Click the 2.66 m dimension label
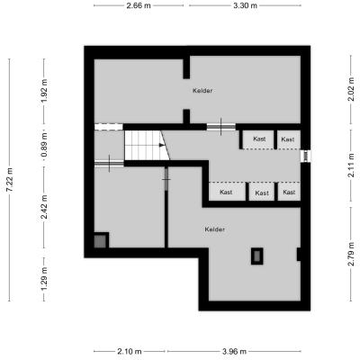pyautogui.click(x=139, y=5)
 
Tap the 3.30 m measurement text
pyautogui.click(x=245, y=5)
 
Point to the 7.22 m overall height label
pyautogui.click(x=10, y=180)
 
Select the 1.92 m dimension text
pyautogui.click(x=44, y=91)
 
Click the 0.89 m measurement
pyautogui.click(x=44, y=146)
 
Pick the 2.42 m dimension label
pyautogui.click(x=44, y=207)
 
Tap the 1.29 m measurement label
pyautogui.click(x=44, y=279)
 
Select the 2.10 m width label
pyautogui.click(x=130, y=351)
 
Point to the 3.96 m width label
pyautogui.click(x=234, y=351)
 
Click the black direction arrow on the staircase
pyautogui.click(x=162, y=145)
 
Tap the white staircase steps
pyautogui.click(x=147, y=146)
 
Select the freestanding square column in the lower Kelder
pyautogui.click(x=257, y=256)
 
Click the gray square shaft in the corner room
pyautogui.click(x=100, y=241)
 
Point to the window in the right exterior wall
pyautogui.click(x=306, y=156)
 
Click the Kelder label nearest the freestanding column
pyautogui.click(x=215, y=229)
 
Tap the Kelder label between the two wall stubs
pyautogui.click(x=202, y=91)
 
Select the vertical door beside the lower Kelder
pyautogui.click(x=166, y=179)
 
